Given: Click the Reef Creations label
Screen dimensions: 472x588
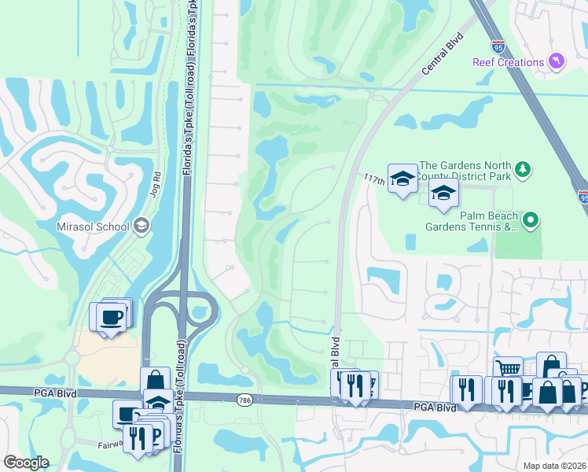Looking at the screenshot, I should (x=509, y=62).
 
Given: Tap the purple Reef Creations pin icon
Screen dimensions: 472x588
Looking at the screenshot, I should (x=557, y=61).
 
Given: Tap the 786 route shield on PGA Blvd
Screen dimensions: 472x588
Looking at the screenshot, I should (x=244, y=400).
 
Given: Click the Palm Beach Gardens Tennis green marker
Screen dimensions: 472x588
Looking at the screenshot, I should (x=531, y=221).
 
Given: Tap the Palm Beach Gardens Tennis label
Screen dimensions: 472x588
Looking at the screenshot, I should (x=472, y=221).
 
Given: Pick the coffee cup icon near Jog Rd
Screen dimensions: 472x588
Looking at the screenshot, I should (x=111, y=316).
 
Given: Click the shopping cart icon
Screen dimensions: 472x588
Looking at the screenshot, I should (x=509, y=368).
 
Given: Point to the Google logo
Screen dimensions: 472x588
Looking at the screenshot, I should (x=26, y=463).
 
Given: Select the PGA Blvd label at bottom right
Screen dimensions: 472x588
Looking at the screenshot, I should (x=435, y=407).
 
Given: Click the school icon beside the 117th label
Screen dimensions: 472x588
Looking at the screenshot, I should (x=402, y=179).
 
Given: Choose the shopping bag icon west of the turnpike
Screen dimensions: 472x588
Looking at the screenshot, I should (x=155, y=378).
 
